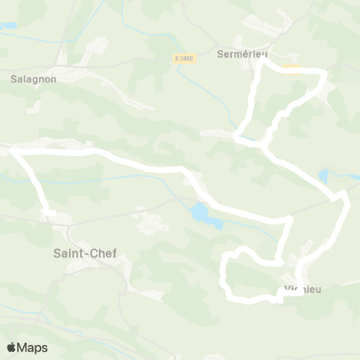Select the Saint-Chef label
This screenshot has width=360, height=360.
85,253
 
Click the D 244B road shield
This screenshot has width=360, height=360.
184,58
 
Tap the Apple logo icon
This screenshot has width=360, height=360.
11,347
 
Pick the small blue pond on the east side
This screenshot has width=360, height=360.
323,177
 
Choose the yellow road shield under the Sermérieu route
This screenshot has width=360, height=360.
292,70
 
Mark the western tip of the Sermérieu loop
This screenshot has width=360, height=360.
238,138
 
